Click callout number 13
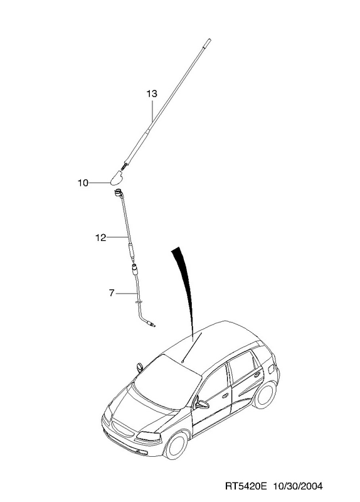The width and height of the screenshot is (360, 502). pyautogui.click(x=152, y=93)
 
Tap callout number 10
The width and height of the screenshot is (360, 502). pyautogui.click(x=83, y=183)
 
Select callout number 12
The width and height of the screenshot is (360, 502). pyautogui.click(x=100, y=238)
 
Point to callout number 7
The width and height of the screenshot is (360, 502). pyautogui.click(x=112, y=293)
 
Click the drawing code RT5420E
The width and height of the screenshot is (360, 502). pyautogui.click(x=246, y=486)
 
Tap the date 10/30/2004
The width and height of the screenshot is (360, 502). pyautogui.click(x=298, y=486)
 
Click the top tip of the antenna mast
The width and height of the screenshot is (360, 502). pyautogui.click(x=209, y=40)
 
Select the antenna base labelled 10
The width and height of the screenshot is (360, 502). pyautogui.click(x=116, y=178)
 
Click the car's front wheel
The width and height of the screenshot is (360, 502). pyautogui.click(x=176, y=446)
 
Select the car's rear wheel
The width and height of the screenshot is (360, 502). pyautogui.click(x=265, y=395)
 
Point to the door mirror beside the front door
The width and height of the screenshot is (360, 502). pyautogui.click(x=201, y=404)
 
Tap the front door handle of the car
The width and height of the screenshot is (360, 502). pyautogui.click(x=226, y=396)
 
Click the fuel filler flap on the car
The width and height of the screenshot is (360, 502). pyautogui.click(x=271, y=369)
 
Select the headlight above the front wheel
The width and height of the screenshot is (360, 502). pyautogui.click(x=149, y=435)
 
